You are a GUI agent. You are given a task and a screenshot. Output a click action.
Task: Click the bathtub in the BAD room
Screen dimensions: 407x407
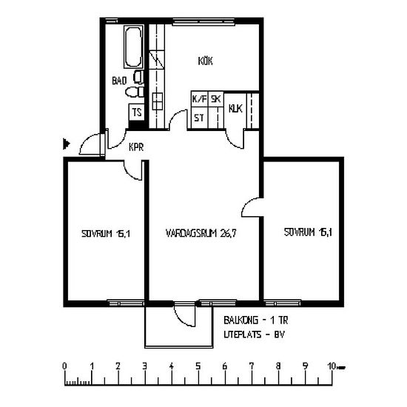(x=133, y=47)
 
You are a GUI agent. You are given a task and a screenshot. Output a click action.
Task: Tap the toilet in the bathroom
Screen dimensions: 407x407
(x=135, y=92)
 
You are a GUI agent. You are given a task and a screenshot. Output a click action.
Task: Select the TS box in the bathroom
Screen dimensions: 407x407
(x=137, y=112)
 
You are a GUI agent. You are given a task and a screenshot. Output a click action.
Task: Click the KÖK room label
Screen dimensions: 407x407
(x=205, y=61)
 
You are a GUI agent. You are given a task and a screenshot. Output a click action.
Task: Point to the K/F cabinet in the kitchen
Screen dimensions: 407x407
(x=199, y=99)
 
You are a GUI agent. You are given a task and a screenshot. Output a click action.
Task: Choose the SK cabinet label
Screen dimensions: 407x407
(x=215, y=99)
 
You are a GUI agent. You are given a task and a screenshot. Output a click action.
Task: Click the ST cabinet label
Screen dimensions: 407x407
(x=199, y=118)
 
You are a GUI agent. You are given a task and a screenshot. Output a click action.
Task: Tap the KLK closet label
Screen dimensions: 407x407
(x=235, y=109)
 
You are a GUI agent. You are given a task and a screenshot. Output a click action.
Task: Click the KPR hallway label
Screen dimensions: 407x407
(x=136, y=147)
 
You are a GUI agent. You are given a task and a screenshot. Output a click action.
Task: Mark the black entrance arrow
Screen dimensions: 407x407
(x=67, y=144)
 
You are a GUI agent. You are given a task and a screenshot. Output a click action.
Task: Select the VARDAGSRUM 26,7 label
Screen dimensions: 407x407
(x=201, y=233)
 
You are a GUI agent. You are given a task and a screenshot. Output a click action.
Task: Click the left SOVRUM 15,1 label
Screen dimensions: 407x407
(x=106, y=234)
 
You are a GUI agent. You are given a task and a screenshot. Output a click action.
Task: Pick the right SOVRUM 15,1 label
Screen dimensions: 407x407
(x=308, y=232)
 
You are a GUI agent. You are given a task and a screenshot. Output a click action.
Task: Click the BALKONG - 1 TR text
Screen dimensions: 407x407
(x=256, y=320)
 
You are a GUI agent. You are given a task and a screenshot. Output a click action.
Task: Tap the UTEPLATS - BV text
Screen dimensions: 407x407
(x=254, y=334)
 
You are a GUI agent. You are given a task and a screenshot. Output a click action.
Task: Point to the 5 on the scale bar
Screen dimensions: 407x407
(x=198, y=366)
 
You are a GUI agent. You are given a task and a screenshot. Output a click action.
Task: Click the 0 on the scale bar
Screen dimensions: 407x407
(x=64, y=366)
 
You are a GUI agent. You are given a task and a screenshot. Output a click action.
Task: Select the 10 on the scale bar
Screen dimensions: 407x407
(x=332, y=366)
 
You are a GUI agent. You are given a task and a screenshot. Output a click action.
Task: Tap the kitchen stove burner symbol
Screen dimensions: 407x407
(x=158, y=101)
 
